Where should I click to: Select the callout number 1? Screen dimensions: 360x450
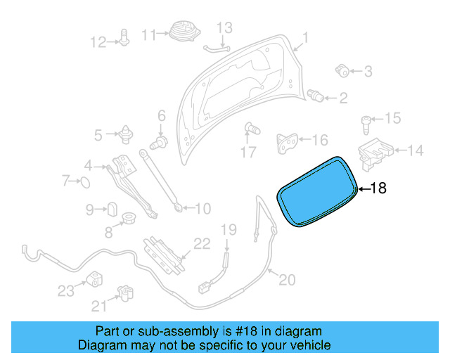[x=305, y=37]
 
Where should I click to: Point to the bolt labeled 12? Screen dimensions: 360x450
[x=124, y=39]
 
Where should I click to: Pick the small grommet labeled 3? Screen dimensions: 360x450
[x=343, y=70]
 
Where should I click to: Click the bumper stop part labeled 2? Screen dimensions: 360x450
[x=316, y=96]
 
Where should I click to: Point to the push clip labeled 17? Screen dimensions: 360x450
[x=250, y=129]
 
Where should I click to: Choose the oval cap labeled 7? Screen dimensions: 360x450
[x=84, y=183]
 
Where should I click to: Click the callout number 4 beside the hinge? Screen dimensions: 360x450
[x=89, y=166]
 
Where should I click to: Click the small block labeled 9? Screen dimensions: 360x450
[x=111, y=209]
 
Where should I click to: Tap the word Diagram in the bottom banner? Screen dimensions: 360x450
[x=101, y=345]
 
